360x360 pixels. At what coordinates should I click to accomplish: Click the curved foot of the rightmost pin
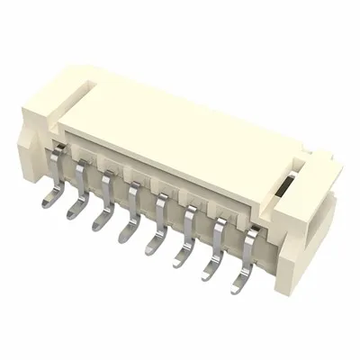click(x=237, y=289)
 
